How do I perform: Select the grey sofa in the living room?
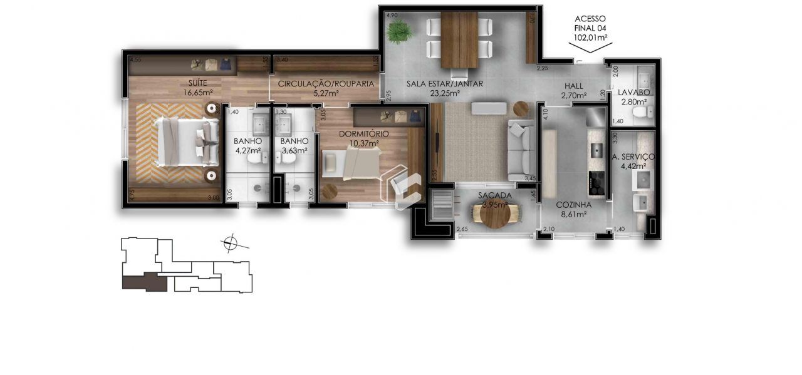point(520,150)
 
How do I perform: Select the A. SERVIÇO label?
point(633,156)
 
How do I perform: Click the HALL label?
point(573,86)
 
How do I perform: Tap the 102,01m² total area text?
point(592,38)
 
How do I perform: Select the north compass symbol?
point(231,242)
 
